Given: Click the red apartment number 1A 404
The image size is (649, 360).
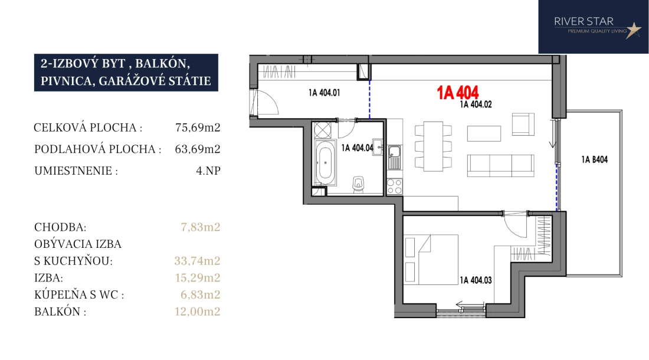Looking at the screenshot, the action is point(458,92).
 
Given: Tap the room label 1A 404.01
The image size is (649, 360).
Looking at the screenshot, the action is point(324,93).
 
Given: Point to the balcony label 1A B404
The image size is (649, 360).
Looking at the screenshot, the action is point(594,160).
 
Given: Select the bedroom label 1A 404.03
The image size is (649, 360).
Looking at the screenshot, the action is point(476,280).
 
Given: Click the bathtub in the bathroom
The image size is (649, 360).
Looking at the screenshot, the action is point(324,163).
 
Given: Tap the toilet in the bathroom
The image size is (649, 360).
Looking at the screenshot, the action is point(359,185).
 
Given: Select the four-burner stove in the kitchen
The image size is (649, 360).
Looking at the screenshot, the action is point(395,186).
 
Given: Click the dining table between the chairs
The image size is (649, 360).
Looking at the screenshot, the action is point(434,146).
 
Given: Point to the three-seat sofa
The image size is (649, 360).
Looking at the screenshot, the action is point(501,165).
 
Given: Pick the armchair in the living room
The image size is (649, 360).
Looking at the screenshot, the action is point(523,124).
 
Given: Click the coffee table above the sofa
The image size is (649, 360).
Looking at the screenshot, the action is point(484,133).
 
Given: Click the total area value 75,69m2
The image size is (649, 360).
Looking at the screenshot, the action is point(198,127).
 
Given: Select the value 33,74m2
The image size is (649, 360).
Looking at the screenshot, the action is point(198,261).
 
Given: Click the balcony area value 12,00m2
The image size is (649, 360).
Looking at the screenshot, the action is point(198,311).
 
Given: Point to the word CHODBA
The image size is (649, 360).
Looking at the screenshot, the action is point(59,227).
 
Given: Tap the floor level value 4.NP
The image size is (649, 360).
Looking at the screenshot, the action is point(208,171).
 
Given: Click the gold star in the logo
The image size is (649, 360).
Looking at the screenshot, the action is point(633,30).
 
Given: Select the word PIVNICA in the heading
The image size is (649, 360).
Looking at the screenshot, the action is point(66,81).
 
